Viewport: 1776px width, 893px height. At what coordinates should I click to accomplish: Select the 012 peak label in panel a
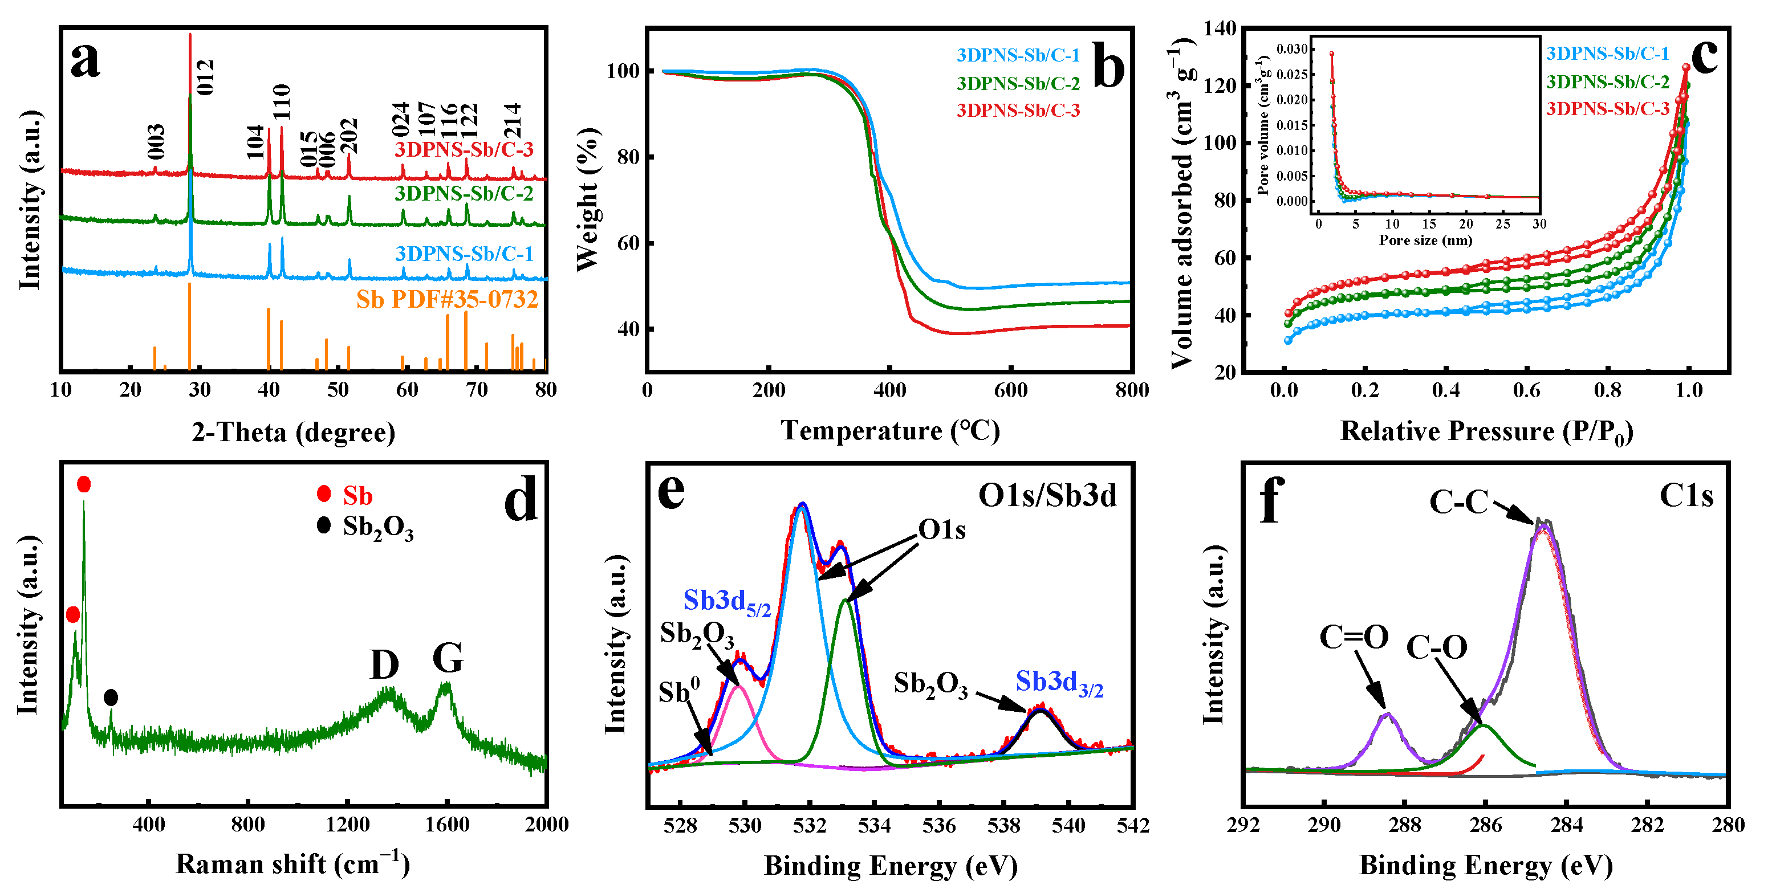(205, 76)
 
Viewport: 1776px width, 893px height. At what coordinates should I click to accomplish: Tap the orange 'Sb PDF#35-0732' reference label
(447, 300)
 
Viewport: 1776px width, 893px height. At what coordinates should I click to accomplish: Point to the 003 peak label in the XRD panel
(156, 141)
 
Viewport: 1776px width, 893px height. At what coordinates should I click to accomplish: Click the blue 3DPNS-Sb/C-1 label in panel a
(464, 254)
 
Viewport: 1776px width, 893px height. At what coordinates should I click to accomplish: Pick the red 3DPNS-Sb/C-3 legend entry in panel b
(1018, 110)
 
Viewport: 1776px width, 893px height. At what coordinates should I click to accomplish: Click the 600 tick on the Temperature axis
(1011, 391)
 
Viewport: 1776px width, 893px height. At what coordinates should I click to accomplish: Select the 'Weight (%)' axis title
(588, 200)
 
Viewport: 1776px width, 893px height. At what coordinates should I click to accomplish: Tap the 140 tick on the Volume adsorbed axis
(1220, 29)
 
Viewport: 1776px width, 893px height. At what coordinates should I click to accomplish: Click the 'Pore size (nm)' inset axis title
(1425, 240)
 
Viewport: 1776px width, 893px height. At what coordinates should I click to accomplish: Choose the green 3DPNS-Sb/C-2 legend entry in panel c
(1608, 82)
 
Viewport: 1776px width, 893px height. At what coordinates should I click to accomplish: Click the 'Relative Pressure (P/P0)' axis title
(1486, 431)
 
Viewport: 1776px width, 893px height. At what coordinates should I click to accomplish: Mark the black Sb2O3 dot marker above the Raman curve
(110, 698)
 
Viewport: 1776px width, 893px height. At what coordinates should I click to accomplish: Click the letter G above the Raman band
(448, 658)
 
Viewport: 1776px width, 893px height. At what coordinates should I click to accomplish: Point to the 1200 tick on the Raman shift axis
(347, 825)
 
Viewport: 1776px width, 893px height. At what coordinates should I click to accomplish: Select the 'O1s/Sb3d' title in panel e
(1047, 495)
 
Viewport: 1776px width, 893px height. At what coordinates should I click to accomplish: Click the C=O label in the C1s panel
(1354, 637)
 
